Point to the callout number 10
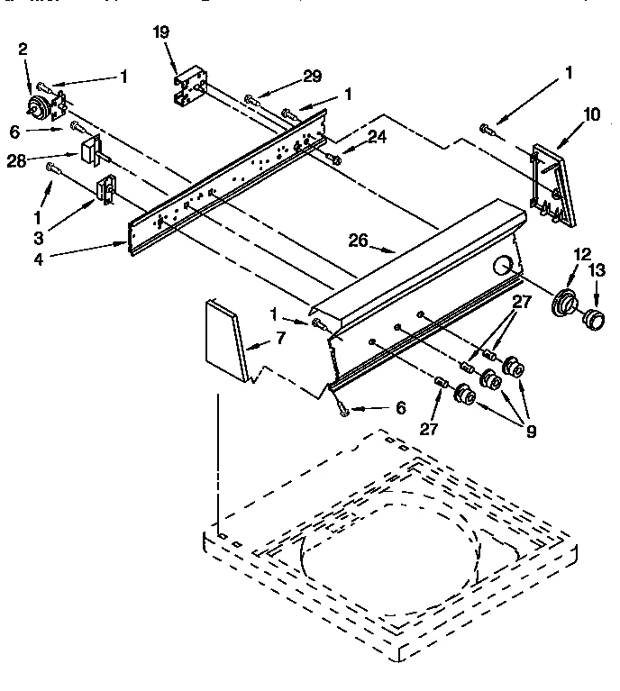click(591, 114)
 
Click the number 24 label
click(376, 138)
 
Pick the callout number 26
click(359, 240)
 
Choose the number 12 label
click(582, 255)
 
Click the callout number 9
click(530, 431)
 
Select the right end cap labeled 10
click(552, 184)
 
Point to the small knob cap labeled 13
click(595, 319)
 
